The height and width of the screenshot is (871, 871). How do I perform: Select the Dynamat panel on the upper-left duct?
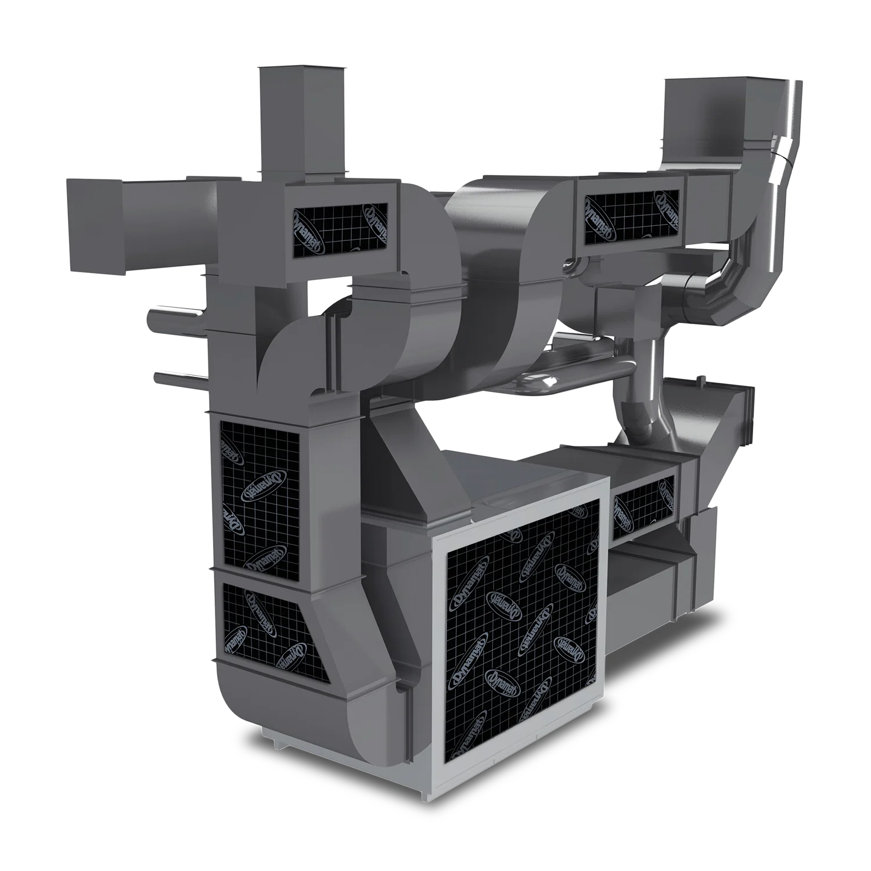pyautogui.click(x=340, y=231)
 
